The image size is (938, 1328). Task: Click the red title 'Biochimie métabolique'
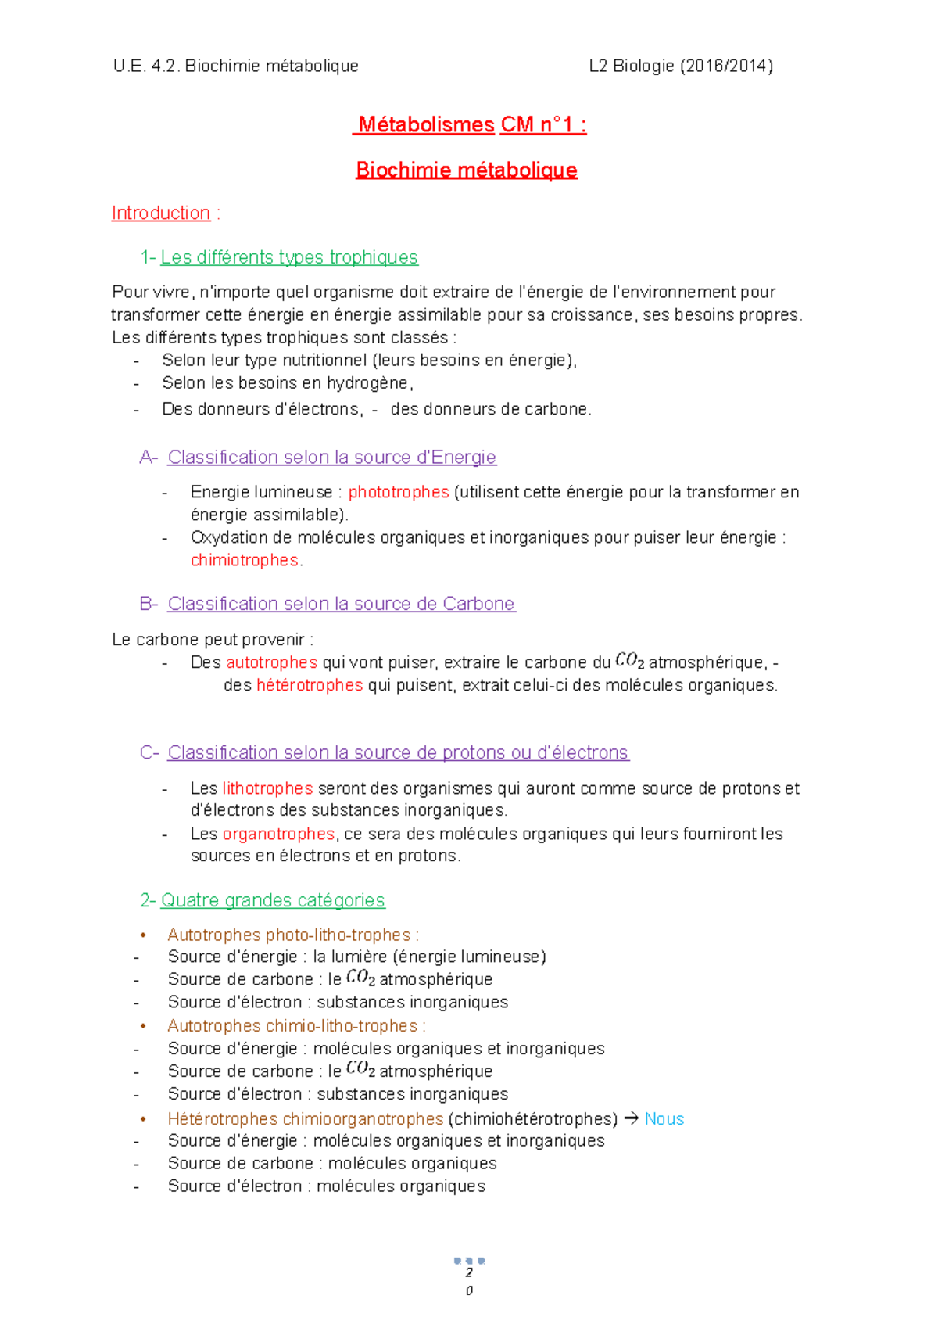pos(467,170)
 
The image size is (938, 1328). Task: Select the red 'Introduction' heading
pos(161,213)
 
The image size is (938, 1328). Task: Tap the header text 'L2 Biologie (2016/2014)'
pos(681,66)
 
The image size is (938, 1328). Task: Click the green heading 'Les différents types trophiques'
pos(289,257)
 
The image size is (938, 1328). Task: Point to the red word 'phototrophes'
pos(399,492)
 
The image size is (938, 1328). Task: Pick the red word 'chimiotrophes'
pos(245,560)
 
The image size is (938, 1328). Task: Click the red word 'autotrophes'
pos(271,662)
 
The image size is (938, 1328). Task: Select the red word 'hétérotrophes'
pos(310,685)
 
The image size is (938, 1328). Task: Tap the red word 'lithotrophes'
pos(267,788)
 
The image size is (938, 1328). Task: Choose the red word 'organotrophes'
pos(278,834)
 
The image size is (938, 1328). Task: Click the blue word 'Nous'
pos(664,1119)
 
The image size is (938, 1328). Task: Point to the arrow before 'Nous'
pos(631,1119)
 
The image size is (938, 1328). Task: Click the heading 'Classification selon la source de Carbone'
pos(342,604)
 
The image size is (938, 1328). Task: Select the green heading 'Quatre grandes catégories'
pos(273,900)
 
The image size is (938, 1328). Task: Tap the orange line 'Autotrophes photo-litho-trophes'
pos(289,935)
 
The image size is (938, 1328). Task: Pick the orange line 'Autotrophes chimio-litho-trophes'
pos(292,1025)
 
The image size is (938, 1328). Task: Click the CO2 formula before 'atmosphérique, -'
pos(629,661)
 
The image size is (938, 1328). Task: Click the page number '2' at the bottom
pos(469,1272)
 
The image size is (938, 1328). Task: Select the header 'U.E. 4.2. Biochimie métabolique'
pos(236,66)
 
